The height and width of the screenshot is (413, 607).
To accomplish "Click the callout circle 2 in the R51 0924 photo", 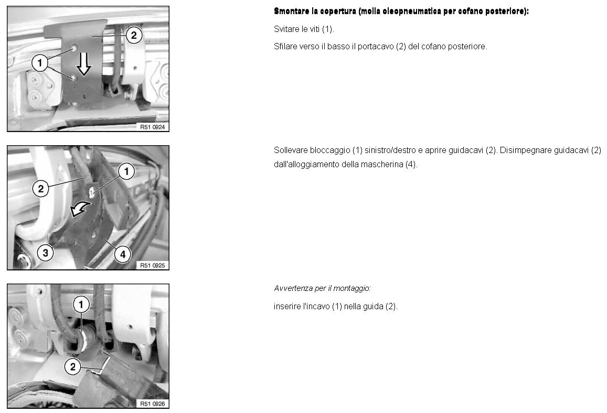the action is click(134, 35).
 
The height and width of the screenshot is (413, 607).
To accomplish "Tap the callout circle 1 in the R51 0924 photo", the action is click(40, 63).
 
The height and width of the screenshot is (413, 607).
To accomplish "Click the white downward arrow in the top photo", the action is click(83, 63).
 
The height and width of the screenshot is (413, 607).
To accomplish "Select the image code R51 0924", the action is click(153, 127).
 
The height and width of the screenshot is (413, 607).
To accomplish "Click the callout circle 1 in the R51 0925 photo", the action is click(126, 171).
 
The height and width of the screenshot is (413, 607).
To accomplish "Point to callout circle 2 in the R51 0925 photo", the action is click(40, 189).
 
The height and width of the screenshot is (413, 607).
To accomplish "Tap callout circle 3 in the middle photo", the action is click(45, 253).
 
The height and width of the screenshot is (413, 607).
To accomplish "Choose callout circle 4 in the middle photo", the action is click(123, 254).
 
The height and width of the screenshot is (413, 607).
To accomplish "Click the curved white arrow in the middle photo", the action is click(80, 210).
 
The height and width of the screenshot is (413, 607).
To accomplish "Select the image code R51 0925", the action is click(153, 265).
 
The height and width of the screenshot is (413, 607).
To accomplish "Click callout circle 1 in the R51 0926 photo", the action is click(81, 305).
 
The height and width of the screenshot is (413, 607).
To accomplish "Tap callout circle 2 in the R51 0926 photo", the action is click(72, 366).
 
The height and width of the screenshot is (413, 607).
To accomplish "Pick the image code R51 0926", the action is click(153, 404).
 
